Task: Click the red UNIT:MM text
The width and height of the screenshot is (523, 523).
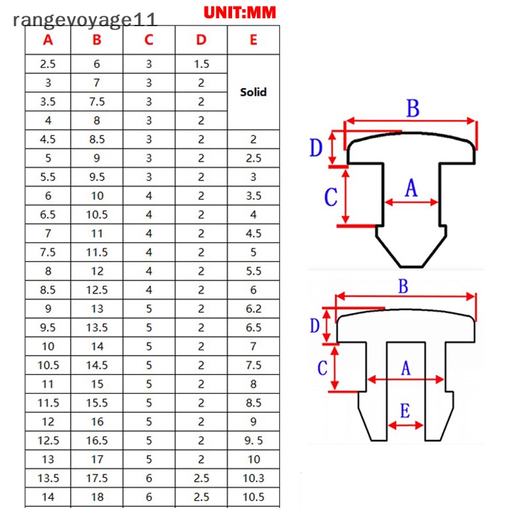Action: (240, 12)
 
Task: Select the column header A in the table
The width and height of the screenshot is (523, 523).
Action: (48, 40)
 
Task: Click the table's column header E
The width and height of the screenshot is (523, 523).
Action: (254, 40)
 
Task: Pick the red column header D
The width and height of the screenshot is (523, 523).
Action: (201, 40)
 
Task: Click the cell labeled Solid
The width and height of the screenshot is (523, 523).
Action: (254, 92)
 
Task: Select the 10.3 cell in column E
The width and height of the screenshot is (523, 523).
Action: (254, 479)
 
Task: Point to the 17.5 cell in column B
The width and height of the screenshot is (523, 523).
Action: (97, 479)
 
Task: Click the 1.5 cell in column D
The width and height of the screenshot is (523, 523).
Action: (201, 64)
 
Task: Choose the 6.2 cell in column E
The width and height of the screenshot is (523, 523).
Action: (254, 309)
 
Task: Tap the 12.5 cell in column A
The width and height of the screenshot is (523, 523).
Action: (48, 441)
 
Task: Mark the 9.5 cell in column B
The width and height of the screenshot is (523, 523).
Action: (97, 177)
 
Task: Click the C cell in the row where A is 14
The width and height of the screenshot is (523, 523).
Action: (149, 497)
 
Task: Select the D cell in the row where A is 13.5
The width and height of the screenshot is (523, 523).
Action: (201, 479)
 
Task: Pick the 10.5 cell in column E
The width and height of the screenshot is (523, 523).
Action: (254, 497)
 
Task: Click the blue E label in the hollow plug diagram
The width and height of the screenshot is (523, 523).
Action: (405, 411)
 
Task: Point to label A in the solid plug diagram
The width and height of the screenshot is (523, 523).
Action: (411, 188)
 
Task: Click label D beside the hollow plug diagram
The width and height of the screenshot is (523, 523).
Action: (314, 325)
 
